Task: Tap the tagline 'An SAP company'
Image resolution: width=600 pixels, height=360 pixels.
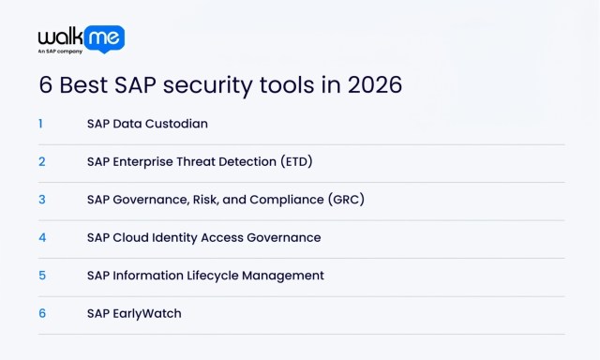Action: click(60, 52)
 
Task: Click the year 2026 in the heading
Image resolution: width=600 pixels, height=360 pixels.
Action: click(374, 84)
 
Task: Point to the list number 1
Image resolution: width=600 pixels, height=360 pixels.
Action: click(41, 123)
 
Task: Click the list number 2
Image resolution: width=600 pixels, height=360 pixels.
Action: click(42, 161)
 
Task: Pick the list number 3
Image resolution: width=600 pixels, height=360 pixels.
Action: click(42, 199)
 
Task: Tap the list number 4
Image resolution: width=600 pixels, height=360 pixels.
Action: click(42, 237)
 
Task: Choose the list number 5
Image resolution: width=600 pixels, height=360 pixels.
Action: click(42, 275)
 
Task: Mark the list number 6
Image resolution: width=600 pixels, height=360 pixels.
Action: click(42, 313)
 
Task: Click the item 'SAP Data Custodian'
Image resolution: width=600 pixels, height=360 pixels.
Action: click(147, 123)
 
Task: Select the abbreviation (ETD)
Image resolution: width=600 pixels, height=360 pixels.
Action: click(296, 161)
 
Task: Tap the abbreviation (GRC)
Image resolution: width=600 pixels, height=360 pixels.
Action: click(345, 199)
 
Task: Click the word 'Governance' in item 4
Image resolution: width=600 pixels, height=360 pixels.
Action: click(283, 237)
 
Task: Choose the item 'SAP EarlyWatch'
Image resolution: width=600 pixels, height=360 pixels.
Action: click(134, 313)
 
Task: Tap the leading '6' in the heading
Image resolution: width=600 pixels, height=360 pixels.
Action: click(46, 84)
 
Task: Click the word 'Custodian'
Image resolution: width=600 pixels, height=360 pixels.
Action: click(178, 123)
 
